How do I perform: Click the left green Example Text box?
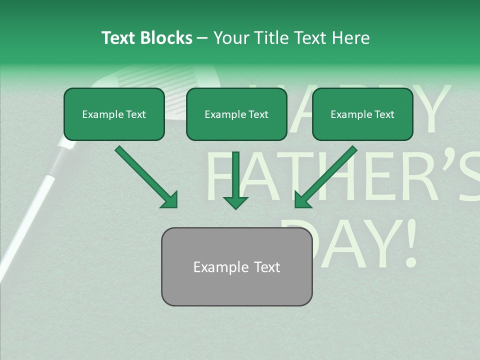(114, 114)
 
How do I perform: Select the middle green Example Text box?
(236, 114)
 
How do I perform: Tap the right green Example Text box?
(362, 114)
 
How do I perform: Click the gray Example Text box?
(236, 266)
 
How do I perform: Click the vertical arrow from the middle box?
(235, 180)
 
